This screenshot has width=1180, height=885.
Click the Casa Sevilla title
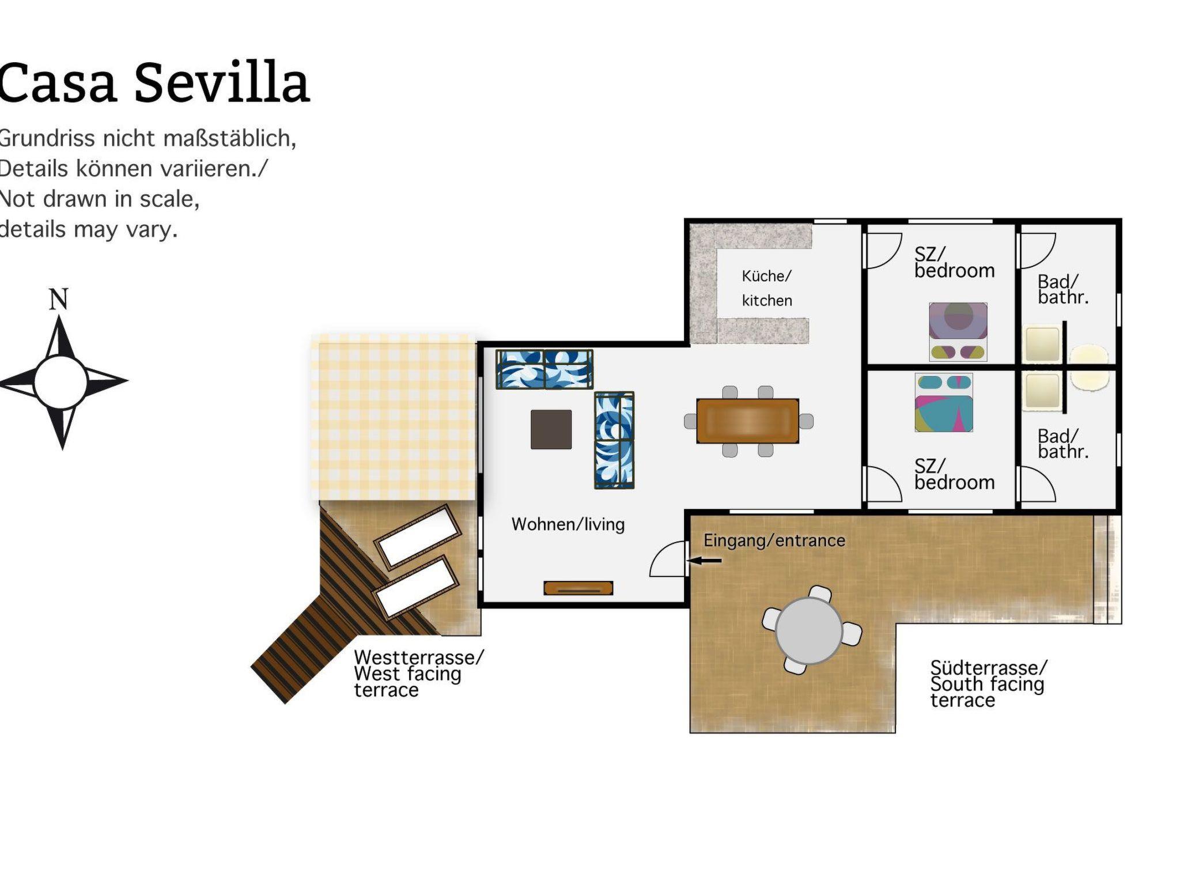point(154,84)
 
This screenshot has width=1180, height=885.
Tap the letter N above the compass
point(59,299)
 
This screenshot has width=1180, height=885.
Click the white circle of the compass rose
point(60,382)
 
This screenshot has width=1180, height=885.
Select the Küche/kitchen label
point(767,288)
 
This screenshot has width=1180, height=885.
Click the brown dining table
point(748,421)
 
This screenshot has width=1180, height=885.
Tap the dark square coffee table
point(551,429)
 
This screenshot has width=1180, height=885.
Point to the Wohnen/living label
point(568,524)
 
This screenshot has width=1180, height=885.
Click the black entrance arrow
point(704,560)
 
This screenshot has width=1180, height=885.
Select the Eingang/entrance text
point(774,540)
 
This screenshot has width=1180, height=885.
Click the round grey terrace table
point(809,630)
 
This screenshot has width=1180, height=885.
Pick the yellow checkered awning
point(394,418)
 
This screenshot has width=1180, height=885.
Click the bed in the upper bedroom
point(958,332)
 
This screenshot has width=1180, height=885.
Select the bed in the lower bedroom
point(944,402)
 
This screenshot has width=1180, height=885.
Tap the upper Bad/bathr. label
point(1063,289)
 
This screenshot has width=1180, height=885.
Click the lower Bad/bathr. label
point(1063,444)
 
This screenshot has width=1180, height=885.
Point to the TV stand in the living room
point(578,588)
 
